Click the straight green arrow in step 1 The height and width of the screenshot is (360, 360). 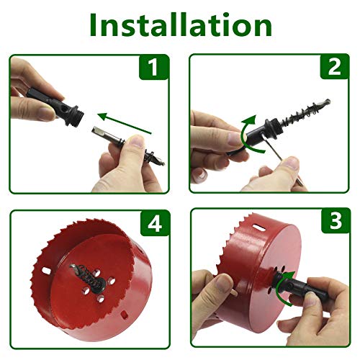pyautogui.click(x=127, y=122)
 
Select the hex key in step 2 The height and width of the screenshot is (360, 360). pyautogui.click(x=269, y=156)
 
